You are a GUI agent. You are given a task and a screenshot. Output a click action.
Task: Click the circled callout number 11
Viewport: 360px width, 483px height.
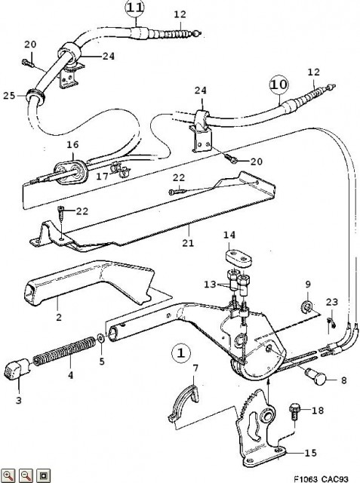(x=135, y=8)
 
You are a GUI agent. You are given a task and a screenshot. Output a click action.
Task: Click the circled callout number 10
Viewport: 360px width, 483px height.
(x=279, y=85)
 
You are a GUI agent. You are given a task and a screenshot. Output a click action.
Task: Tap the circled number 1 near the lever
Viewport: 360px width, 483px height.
(x=181, y=352)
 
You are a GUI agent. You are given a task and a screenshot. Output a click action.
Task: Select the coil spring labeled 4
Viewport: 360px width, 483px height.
(x=64, y=351)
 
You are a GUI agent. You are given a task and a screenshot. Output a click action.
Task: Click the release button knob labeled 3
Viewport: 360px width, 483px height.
(x=100, y=338)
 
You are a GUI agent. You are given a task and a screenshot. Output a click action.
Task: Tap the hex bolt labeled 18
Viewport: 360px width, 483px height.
(x=294, y=412)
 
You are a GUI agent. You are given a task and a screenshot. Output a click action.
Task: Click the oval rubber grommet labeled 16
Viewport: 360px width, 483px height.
(x=71, y=172)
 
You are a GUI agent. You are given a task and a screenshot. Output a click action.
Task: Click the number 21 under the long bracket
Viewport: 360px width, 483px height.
(x=188, y=243)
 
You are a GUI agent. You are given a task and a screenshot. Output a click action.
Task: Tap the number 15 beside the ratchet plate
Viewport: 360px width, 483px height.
(x=310, y=453)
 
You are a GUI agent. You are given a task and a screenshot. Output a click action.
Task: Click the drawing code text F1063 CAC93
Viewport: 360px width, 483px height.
(x=320, y=479)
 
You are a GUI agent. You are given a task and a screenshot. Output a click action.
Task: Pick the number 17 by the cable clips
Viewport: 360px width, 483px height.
(x=102, y=177)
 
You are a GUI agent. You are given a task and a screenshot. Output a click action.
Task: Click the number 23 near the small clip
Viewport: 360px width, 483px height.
(x=331, y=302)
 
